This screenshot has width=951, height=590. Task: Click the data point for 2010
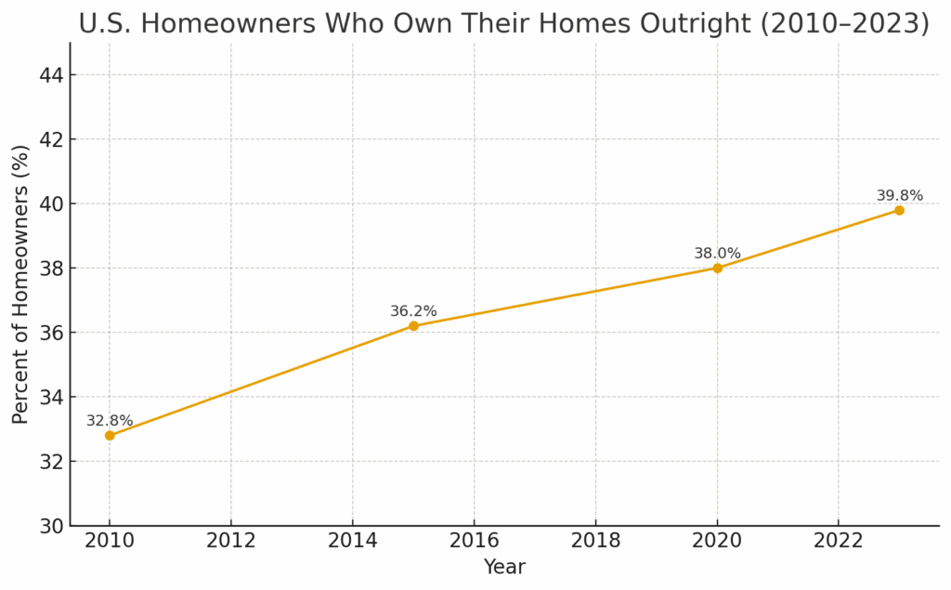coord(110,435)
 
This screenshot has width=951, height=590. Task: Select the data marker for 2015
coord(413,325)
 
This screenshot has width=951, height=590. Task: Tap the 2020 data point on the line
coord(717,268)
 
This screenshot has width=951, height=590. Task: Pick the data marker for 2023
coord(899,210)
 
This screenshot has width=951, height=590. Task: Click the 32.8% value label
coord(110,421)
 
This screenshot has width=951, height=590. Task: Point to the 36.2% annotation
coord(413,311)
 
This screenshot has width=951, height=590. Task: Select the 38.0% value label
coord(717,254)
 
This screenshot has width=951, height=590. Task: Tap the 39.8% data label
coord(899,196)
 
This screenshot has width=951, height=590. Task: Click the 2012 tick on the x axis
coord(231,541)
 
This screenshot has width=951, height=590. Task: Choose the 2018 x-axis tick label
coord(595,541)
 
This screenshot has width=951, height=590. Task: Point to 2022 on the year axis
coord(839,541)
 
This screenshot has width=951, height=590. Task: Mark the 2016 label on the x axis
coord(474,541)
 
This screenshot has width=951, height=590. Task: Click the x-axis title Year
coord(504,568)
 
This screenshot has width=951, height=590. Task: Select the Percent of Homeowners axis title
coord(21,283)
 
